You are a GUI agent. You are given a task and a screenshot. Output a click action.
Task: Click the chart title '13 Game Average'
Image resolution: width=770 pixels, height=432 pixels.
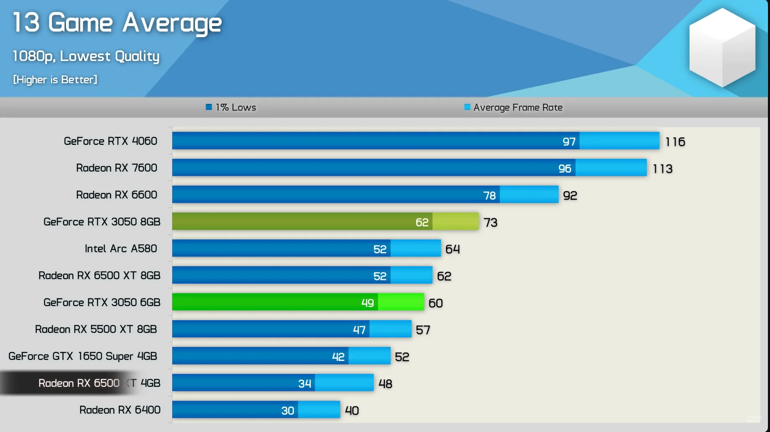117,23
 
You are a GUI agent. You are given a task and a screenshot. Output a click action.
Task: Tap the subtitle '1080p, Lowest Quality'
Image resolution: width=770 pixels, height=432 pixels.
86,57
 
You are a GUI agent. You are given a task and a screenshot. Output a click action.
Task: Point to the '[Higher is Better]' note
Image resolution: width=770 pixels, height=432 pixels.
55,80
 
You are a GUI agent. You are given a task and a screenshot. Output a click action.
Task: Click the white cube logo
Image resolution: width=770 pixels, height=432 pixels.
722,47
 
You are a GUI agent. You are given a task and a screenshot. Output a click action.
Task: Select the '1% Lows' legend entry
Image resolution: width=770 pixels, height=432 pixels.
231,108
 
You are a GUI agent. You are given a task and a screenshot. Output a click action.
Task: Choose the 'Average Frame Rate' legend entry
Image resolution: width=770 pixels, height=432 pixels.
513,108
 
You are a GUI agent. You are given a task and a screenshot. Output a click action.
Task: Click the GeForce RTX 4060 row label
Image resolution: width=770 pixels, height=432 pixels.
111,141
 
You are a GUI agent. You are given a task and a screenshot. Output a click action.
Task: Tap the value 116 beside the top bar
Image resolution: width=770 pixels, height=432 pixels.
675,142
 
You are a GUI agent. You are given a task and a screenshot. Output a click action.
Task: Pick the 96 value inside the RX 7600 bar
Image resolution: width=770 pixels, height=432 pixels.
565,168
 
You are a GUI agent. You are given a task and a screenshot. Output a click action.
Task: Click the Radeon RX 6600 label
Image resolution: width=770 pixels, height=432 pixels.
117,195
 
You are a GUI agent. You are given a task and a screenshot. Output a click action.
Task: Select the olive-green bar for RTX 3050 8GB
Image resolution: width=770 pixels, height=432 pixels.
325,221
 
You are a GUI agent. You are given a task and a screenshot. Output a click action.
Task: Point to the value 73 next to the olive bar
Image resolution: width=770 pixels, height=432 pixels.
490,222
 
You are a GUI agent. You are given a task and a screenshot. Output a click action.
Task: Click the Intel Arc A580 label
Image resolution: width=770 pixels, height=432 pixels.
121,249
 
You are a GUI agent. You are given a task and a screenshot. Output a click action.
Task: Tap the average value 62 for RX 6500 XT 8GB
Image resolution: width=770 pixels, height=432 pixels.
444,276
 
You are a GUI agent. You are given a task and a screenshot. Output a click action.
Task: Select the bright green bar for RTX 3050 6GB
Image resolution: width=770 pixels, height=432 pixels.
298,302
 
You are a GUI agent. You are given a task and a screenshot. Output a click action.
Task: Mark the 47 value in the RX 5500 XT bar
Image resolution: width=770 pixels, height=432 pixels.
359,330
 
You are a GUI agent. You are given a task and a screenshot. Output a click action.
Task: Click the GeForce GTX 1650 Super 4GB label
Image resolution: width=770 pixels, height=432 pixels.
83,356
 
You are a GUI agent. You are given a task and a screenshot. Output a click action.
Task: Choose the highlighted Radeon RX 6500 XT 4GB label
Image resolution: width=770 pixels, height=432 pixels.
99,383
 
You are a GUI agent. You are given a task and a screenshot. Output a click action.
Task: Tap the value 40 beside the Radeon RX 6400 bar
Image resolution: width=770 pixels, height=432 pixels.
352,411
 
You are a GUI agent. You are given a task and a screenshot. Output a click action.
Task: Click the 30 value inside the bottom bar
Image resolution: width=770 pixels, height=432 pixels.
288,411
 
